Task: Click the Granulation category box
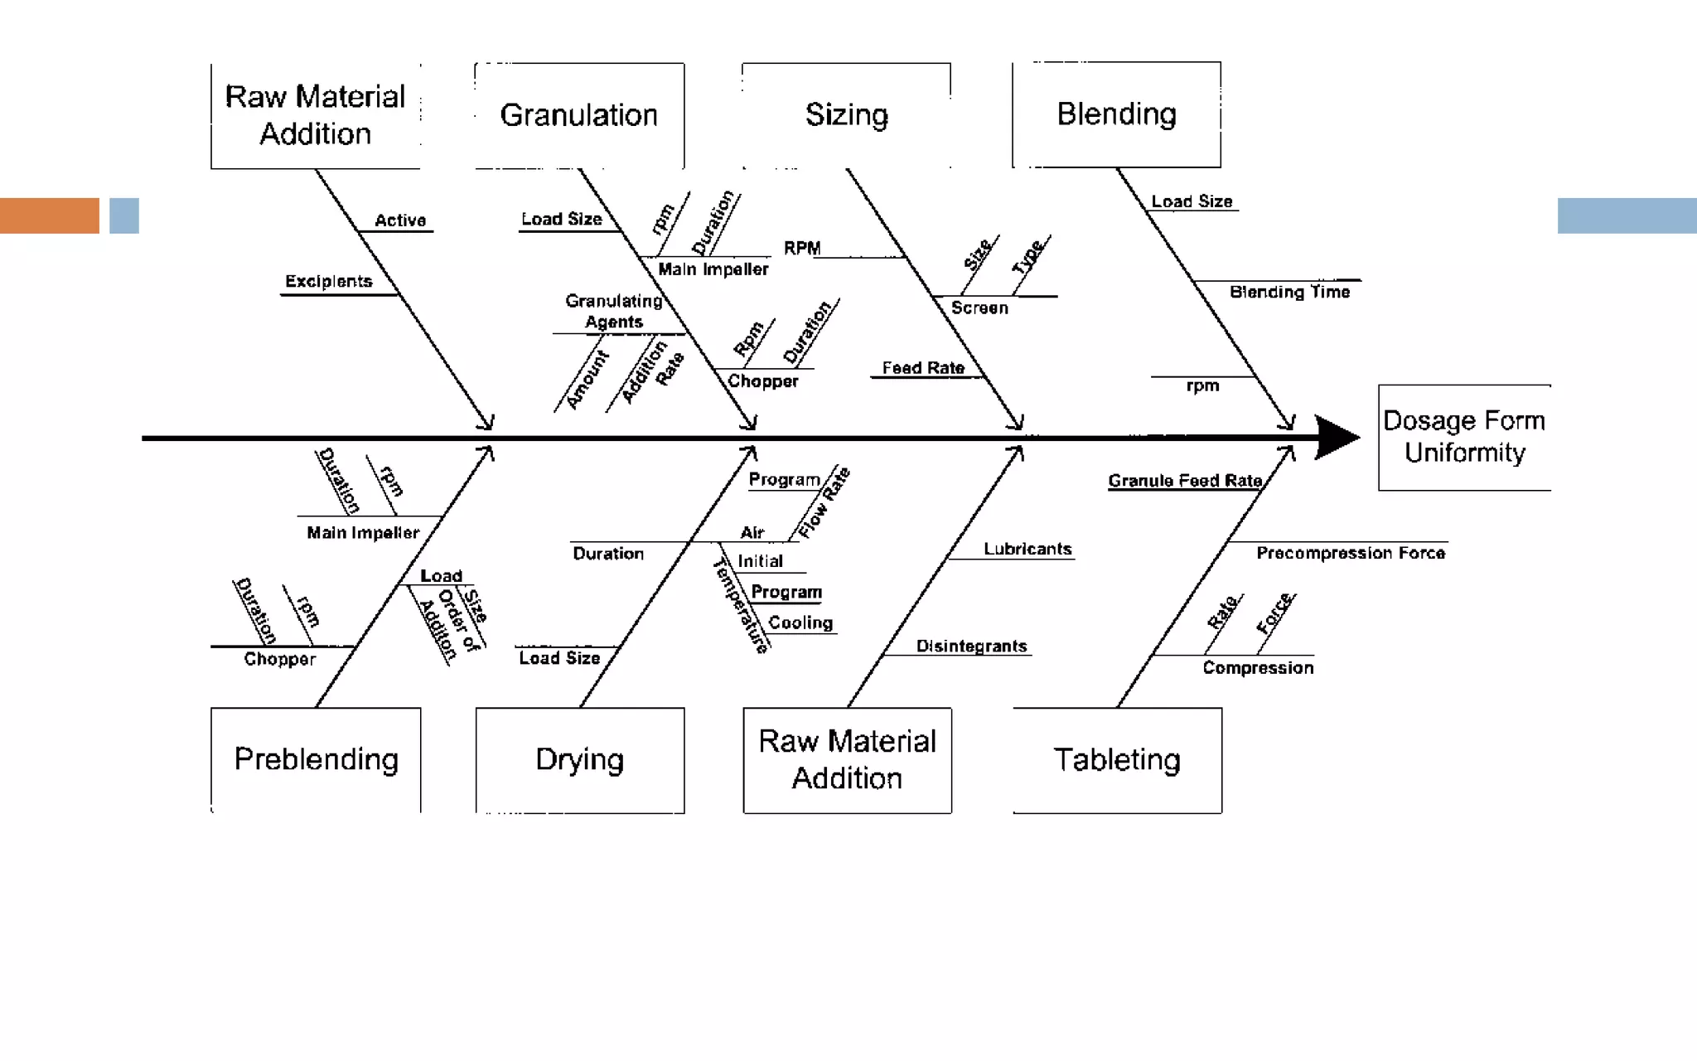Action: [579, 115]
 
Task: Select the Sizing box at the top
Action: [846, 115]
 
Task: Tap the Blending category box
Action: [1116, 114]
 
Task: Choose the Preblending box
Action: [316, 759]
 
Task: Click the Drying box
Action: [580, 759]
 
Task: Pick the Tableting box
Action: [1117, 759]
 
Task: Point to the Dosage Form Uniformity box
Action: [1464, 437]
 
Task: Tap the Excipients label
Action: [329, 282]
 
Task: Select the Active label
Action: [400, 220]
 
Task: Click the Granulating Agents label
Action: [614, 311]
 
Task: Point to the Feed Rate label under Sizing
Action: [923, 368]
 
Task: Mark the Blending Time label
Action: [1290, 292]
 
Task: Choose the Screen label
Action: [979, 308]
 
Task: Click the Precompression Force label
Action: [1351, 553]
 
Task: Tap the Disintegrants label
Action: [971, 646]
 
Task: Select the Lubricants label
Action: [1027, 549]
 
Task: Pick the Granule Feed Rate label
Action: [1185, 481]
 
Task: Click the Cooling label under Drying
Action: [800, 623]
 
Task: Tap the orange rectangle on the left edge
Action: [49, 216]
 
